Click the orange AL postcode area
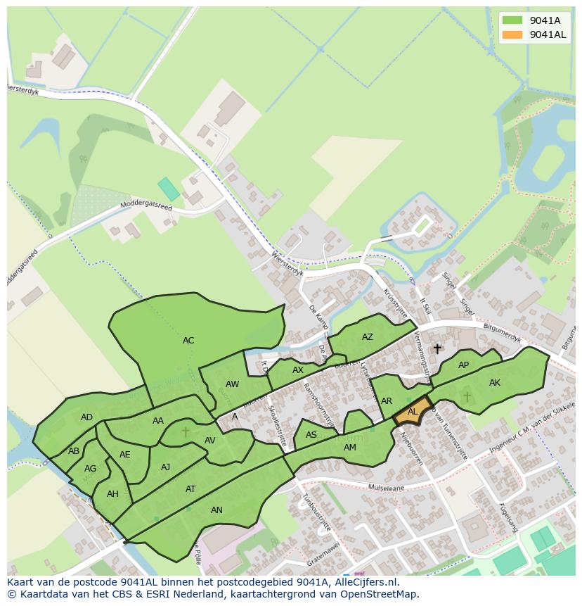[x=412, y=413]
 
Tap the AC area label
[x=188, y=341]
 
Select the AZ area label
[x=368, y=337]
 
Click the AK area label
[x=495, y=383]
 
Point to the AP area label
[x=463, y=365]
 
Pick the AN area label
[x=216, y=510]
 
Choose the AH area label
[x=112, y=494]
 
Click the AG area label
[x=90, y=469]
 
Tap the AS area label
[x=311, y=436]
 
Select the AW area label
[x=233, y=384]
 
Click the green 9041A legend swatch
[x=512, y=20]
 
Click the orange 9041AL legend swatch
[x=512, y=34]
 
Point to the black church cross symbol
[x=437, y=348]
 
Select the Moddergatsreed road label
[x=145, y=206]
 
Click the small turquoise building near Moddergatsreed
[x=168, y=189]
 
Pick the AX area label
[x=298, y=370]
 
